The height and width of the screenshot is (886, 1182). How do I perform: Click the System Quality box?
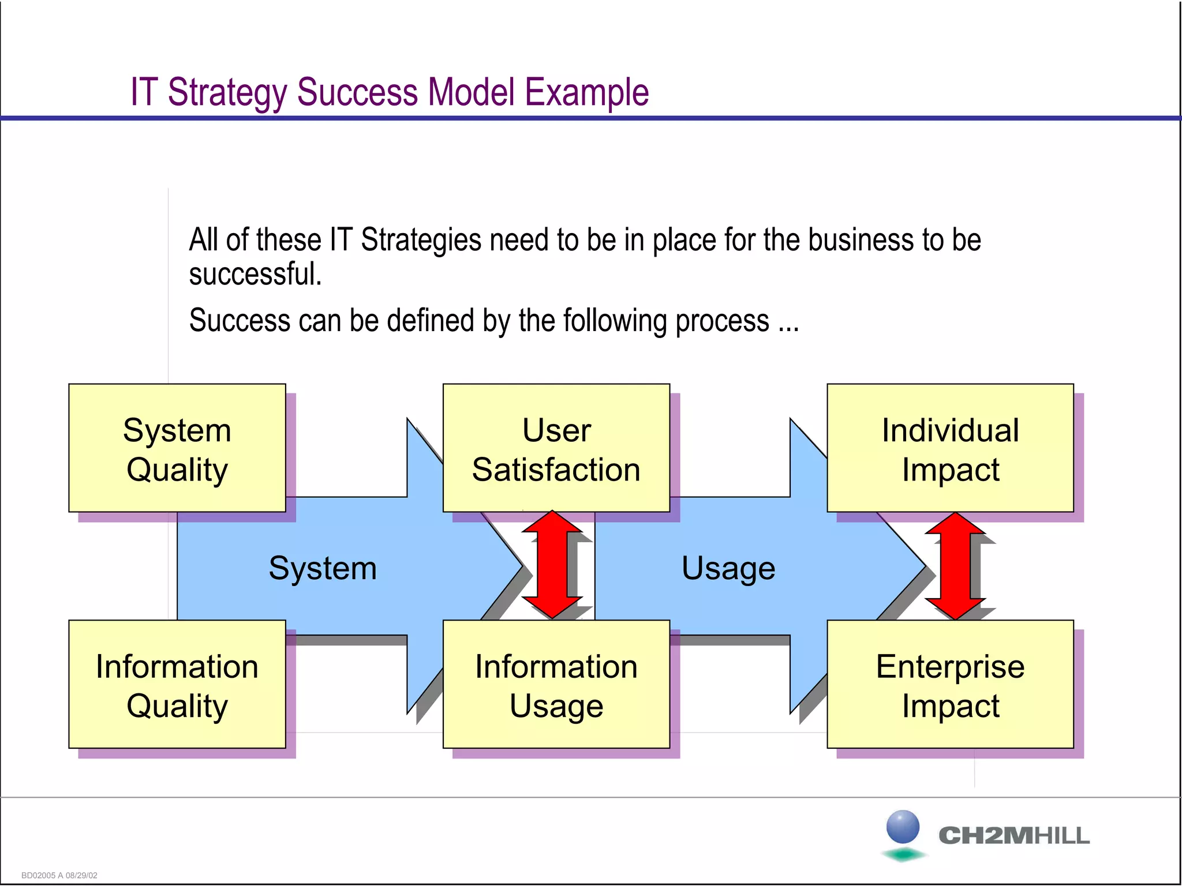click(177, 448)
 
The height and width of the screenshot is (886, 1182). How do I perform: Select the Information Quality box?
click(177, 685)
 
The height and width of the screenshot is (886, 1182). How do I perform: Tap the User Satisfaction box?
click(556, 448)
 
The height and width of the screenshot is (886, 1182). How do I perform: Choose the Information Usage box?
click(556, 685)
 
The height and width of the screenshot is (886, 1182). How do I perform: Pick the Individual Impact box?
click(950, 448)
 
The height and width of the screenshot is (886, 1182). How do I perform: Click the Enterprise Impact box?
click(950, 685)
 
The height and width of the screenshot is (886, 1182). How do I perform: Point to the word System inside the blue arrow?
click(323, 568)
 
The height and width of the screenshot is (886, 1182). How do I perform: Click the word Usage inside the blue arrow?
click(728, 568)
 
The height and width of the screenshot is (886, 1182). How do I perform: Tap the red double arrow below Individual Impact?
click(955, 565)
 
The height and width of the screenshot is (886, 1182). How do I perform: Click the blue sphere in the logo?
click(903, 826)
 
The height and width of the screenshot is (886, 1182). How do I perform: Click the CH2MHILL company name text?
click(1014, 835)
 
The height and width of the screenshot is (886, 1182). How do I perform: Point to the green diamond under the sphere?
click(903, 854)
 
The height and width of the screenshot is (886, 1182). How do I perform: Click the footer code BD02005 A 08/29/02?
click(59, 875)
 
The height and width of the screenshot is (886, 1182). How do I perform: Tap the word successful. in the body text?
click(255, 274)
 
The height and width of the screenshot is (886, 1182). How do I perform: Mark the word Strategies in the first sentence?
click(421, 240)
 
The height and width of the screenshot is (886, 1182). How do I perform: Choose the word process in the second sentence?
click(722, 321)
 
